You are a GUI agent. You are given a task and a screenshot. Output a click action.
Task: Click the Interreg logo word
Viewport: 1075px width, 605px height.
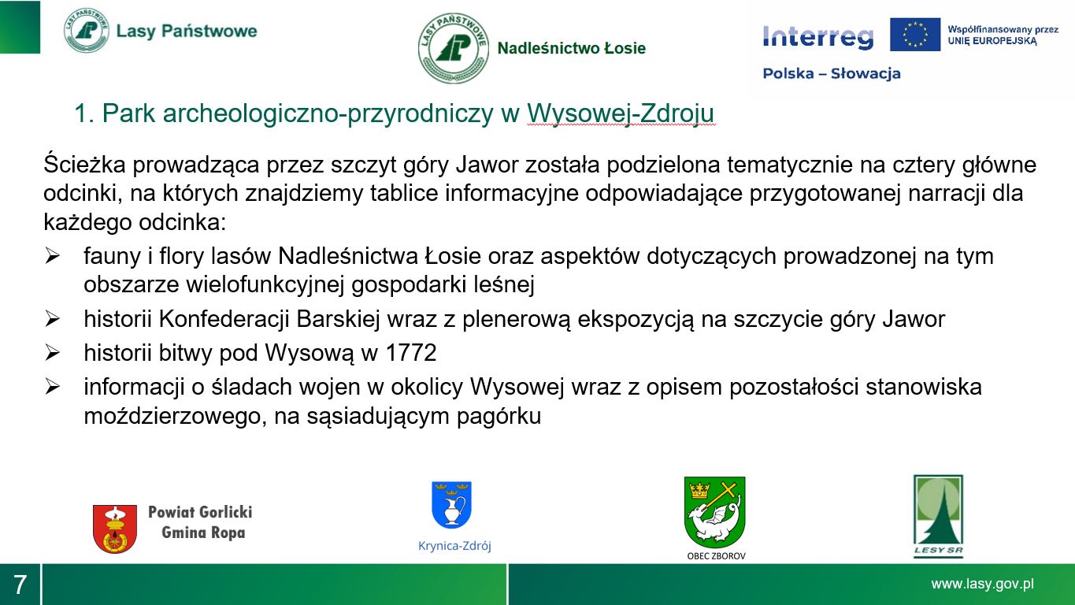(x=817, y=37)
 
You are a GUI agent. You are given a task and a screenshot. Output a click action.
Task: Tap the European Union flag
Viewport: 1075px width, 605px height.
(x=915, y=34)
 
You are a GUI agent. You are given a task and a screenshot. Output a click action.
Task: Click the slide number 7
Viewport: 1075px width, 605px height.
(x=20, y=585)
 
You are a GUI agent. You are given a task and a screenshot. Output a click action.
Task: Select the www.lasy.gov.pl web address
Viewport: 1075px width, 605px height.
(x=982, y=584)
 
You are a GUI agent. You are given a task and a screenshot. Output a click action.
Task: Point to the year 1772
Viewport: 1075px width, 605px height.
(x=411, y=353)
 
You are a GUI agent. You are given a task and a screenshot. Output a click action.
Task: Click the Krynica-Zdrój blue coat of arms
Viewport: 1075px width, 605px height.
(x=451, y=505)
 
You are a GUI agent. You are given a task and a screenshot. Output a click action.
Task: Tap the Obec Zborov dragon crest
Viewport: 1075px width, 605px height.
(x=714, y=512)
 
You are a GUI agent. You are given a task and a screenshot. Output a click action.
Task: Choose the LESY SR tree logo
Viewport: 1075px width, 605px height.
(x=938, y=516)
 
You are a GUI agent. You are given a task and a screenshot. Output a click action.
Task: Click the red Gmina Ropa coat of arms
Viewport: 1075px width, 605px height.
(x=115, y=529)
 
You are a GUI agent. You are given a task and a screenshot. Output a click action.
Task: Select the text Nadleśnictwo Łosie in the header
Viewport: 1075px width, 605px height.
(x=572, y=48)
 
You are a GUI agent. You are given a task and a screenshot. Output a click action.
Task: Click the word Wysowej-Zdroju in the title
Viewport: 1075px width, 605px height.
(x=621, y=113)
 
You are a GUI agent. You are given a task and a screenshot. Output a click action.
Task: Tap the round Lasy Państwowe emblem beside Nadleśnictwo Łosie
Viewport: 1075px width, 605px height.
(x=454, y=48)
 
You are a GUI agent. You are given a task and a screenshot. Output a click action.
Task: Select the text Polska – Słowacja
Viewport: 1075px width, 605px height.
(x=832, y=73)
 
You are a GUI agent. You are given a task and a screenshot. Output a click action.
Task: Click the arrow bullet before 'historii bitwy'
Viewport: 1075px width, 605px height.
(x=52, y=353)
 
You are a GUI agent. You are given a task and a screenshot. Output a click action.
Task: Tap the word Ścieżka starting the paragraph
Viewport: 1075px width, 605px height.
(x=84, y=164)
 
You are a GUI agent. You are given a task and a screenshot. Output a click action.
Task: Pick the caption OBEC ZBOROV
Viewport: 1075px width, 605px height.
(x=716, y=556)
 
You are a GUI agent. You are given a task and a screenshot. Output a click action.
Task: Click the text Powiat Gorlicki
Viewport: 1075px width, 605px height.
(x=200, y=512)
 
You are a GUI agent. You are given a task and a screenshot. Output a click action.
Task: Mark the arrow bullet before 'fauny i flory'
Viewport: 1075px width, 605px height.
(x=52, y=256)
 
